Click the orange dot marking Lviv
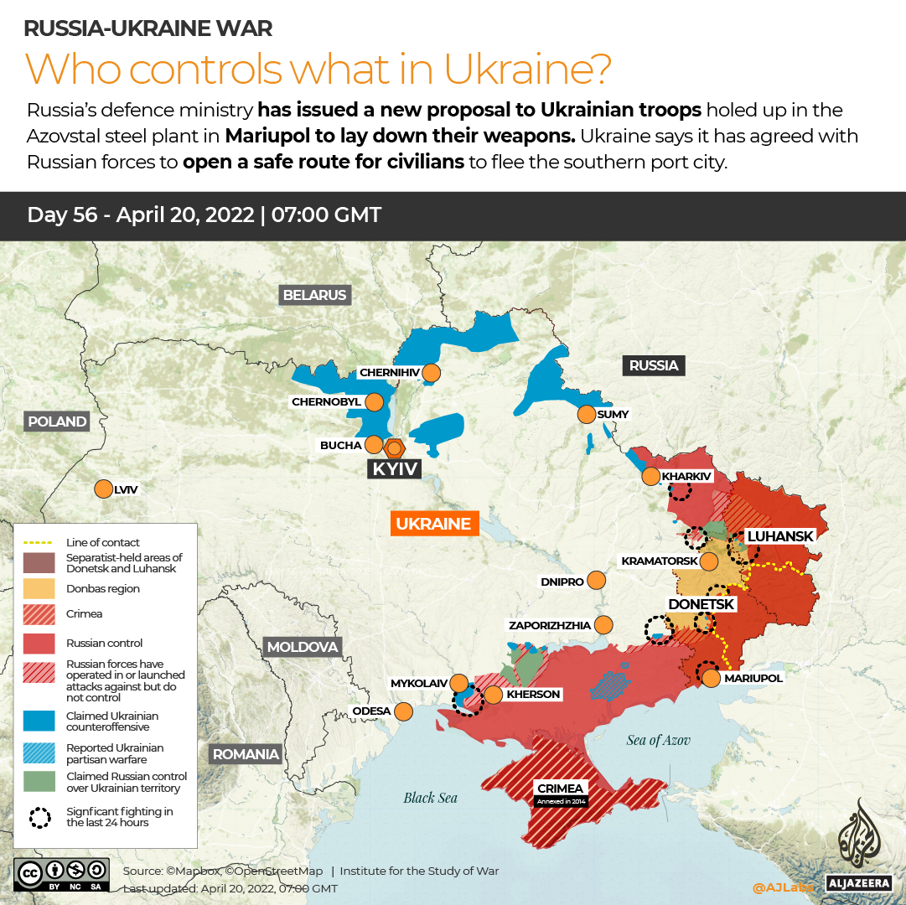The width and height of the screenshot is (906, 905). coord(103,489)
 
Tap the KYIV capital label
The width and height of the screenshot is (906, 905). coord(395,468)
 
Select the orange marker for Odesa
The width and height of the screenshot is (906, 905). coord(403,711)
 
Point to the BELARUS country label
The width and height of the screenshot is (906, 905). coord(314,295)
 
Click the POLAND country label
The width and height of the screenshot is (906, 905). coord(56,421)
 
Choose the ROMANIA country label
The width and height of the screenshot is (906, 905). coord(246,754)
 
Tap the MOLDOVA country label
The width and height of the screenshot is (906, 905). coord(302,647)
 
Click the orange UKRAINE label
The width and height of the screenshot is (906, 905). coord(433,524)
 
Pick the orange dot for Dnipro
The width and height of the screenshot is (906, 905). coord(597,580)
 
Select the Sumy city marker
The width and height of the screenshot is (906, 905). coord(586,414)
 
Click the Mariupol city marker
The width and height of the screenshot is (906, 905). coord(711,678)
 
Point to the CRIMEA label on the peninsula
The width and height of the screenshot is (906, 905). coord(561,789)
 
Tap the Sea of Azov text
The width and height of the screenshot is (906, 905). coord(658,739)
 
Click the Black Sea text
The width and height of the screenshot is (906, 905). coord(431,798)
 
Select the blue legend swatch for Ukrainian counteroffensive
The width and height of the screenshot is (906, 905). coord(39,721)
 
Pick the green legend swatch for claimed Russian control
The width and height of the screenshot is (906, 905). coord(39,782)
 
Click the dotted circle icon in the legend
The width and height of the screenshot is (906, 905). coord(39,817)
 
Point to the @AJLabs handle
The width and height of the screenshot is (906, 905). coord(782,887)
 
